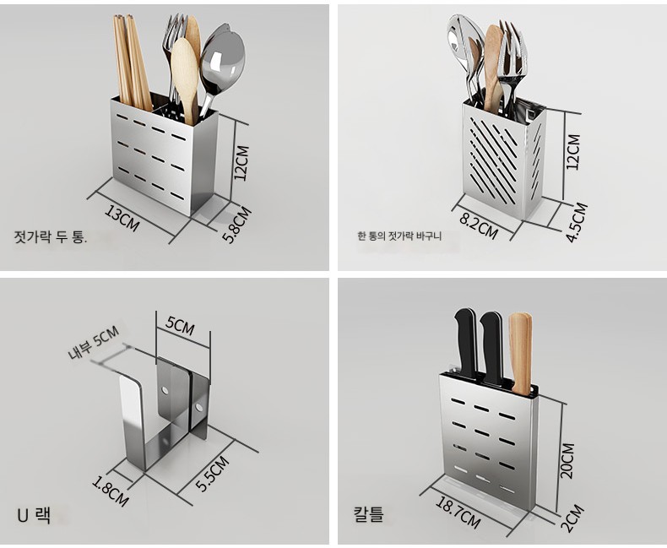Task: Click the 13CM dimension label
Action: pos(122,219)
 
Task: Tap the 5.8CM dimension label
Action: pos(236,225)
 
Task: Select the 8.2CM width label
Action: pos(479,226)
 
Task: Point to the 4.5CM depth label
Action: pos(577,222)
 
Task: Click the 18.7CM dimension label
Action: pos(458,513)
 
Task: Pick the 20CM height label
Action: pos(567,461)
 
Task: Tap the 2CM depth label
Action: pos(573,518)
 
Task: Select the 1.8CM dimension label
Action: pos(110,491)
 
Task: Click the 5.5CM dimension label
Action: pos(212,474)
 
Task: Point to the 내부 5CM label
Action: pos(93,343)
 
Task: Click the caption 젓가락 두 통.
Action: pos(51,236)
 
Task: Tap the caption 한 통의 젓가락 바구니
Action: pos(399,236)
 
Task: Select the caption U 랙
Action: pos(34,515)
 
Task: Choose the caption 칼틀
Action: pos(369,513)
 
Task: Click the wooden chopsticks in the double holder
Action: pos(132,63)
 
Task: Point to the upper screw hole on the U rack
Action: pos(164,389)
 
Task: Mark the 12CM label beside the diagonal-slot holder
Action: pos(572,152)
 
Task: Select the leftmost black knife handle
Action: pos(465,344)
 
